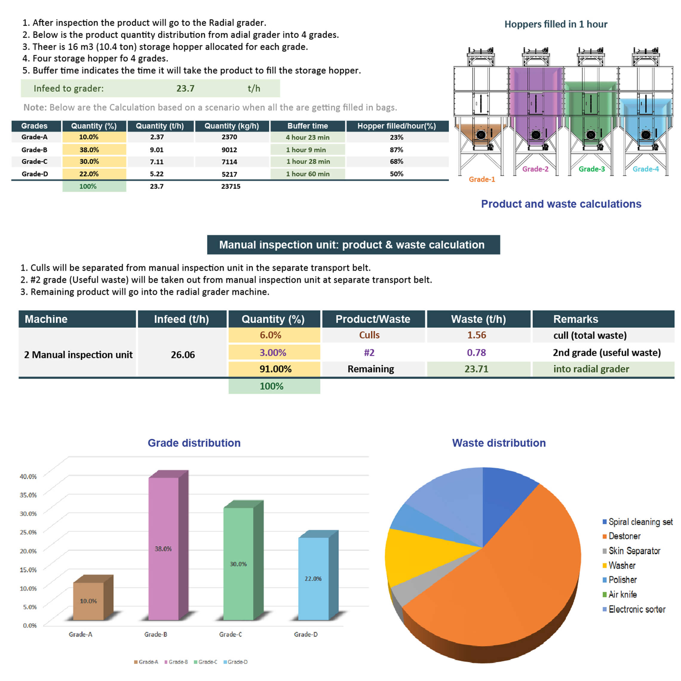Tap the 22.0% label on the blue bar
pyautogui.click(x=313, y=579)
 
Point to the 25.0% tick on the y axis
pyautogui.click(x=28, y=532)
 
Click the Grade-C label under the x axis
pyautogui.click(x=231, y=634)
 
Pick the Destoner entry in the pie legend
pyautogui.click(x=624, y=536)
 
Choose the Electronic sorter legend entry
pyautogui.click(x=636, y=609)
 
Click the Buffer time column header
pyautogui.click(x=307, y=126)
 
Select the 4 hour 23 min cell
pyautogui.click(x=307, y=137)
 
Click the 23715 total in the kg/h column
pyautogui.click(x=231, y=186)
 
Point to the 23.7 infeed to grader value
pyautogui.click(x=185, y=88)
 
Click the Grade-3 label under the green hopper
pyautogui.click(x=591, y=169)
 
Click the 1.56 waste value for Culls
pyautogui.click(x=477, y=335)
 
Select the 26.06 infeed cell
pyautogui.click(x=182, y=355)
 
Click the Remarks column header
pyautogui.click(x=576, y=319)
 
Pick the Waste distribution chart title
pyautogui.click(x=499, y=443)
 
